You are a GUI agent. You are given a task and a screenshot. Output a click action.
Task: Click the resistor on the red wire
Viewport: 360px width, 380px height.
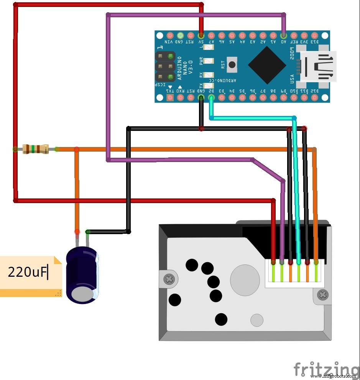tap(35, 149)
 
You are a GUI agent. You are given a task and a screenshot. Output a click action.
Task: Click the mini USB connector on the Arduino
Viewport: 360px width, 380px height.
tap(317, 66)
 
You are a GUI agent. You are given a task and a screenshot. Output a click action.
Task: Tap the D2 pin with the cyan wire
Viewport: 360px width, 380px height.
tap(211, 97)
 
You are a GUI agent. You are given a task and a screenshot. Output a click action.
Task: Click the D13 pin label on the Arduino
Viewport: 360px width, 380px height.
tap(314, 41)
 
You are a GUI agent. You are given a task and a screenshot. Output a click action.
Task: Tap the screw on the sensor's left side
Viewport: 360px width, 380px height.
tap(169, 278)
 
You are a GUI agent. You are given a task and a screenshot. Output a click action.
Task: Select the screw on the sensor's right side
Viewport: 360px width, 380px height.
tap(323, 295)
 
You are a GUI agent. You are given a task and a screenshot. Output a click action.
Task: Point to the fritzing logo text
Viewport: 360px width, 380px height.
tap(326, 369)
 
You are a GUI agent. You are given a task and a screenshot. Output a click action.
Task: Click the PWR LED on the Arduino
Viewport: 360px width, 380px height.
tap(208, 61)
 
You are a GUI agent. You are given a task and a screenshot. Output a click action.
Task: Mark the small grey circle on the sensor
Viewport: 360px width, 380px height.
tap(256, 320)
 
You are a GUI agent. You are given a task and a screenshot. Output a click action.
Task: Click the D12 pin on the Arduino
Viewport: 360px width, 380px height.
tap(314, 97)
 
